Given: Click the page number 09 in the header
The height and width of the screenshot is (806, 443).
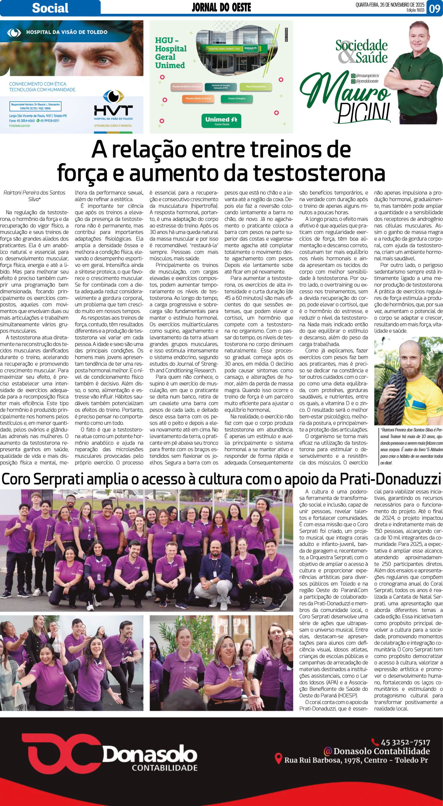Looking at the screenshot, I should click(435, 8).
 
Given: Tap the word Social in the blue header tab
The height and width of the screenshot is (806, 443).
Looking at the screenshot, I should click(50, 8).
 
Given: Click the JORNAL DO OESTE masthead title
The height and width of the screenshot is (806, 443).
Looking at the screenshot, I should click(221, 7).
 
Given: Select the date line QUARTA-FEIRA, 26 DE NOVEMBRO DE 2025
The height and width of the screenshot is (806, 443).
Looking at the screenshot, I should click(390, 5).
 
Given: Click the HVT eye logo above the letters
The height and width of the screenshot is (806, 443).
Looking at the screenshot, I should click(114, 96).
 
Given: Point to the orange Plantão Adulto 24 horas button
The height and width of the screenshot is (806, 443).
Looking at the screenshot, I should click(198, 99).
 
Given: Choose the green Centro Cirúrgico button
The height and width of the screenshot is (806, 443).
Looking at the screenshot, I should click(237, 99).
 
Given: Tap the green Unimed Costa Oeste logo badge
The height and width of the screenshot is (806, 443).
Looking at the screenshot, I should click(221, 121).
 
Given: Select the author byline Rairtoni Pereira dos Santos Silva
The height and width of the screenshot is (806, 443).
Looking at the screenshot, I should click(34, 196).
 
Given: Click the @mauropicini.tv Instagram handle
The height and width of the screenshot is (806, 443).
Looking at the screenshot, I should click(367, 76).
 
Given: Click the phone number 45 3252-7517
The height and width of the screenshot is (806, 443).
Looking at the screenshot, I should click(405, 742).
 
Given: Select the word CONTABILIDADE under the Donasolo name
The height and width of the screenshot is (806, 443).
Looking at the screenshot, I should click(165, 768).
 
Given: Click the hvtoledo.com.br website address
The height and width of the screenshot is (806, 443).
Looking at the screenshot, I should click(20, 126).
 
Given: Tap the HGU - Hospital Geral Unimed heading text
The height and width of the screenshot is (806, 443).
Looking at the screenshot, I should click(171, 53).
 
